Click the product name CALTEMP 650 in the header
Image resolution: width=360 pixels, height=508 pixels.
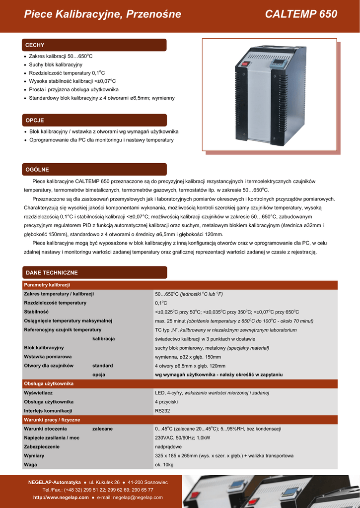click(301, 14)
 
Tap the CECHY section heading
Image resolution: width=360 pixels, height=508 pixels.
click(35, 45)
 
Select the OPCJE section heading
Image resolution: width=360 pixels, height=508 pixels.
click(35, 120)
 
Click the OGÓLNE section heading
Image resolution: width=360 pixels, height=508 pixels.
click(37, 170)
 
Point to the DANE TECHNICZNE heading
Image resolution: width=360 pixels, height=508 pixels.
click(51, 273)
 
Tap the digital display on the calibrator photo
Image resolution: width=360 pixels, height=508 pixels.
click(277, 64)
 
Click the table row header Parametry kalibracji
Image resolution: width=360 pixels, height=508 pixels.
click(47, 285)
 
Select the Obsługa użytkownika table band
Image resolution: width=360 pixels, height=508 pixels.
click(49, 383)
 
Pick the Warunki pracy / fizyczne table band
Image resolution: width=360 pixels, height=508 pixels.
click(52, 420)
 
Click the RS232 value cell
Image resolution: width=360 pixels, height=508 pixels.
click(162, 411)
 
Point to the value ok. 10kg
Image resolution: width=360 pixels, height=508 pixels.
click(164, 465)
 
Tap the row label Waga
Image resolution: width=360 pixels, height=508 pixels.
click(30, 465)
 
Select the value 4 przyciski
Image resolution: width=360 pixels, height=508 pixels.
click(166, 402)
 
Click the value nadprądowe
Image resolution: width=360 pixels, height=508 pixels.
click(168, 446)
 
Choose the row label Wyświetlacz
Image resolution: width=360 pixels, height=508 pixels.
click(39, 393)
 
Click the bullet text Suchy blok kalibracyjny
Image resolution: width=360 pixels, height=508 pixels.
click(56, 64)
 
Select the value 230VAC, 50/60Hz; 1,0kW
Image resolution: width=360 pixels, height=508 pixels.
click(182, 438)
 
